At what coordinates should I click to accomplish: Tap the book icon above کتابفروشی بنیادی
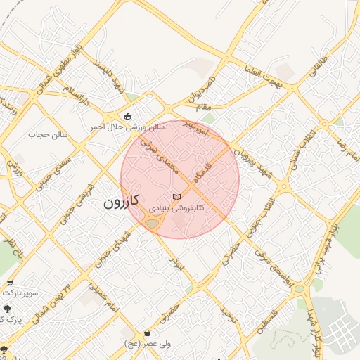tap(176, 196)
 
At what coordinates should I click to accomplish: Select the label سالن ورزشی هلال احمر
tap(127, 127)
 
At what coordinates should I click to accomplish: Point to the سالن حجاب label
tap(48, 134)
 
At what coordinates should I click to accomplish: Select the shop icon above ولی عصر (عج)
tap(147, 333)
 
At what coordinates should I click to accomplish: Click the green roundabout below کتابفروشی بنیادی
tap(152, 224)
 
